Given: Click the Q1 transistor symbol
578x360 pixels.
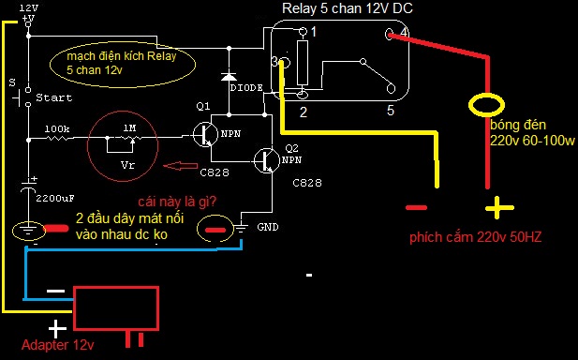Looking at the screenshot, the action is click(204, 135).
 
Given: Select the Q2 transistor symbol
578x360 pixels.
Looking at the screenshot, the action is click(265, 160).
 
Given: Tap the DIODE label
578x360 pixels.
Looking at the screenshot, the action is click(246, 88).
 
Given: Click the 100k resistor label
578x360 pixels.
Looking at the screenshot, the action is click(57, 129).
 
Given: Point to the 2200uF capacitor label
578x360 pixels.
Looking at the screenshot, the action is click(55, 199).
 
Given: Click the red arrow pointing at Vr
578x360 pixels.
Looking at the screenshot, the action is click(180, 166).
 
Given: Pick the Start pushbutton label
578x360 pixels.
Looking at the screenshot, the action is click(53, 97).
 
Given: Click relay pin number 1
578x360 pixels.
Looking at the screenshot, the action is click(314, 32).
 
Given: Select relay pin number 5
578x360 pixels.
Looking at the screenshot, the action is click(391, 111).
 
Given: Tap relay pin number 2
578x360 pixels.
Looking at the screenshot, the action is click(303, 112).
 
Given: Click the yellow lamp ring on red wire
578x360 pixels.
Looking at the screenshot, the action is click(486, 105).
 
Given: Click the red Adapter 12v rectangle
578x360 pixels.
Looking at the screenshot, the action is click(116, 308).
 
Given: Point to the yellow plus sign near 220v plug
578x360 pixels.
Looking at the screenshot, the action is click(499, 208).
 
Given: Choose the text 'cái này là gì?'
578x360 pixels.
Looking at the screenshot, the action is click(177, 202).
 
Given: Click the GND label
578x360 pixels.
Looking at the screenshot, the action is click(268, 227).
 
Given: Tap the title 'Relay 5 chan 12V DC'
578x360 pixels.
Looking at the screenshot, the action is click(348, 8).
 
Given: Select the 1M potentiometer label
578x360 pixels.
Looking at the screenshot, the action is click(129, 128).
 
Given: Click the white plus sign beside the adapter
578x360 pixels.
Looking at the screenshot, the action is click(57, 328).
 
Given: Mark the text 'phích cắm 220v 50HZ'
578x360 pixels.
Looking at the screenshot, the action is click(476, 237).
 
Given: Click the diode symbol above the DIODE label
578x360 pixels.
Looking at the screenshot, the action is click(229, 75).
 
